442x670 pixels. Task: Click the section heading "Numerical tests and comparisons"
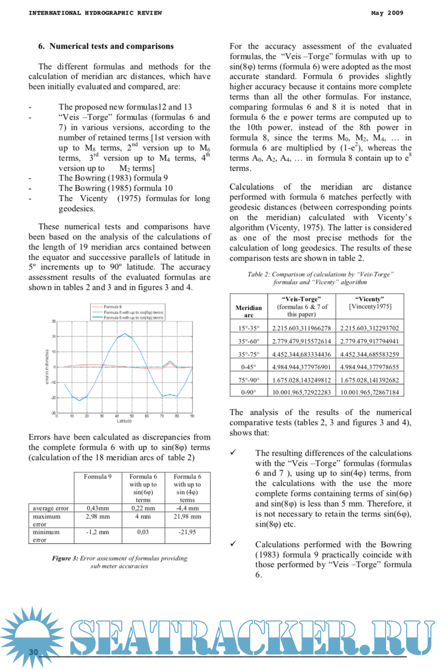(111, 46)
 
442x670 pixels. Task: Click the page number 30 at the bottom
(33, 652)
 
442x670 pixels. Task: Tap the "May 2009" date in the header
(387, 13)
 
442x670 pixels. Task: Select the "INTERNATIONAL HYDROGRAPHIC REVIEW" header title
(95, 13)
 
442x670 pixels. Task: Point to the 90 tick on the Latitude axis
(192, 416)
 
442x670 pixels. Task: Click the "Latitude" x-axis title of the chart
(124, 421)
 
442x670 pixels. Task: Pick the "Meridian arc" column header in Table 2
(248, 311)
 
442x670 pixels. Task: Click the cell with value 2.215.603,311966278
(301, 328)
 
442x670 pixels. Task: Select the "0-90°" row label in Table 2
(248, 392)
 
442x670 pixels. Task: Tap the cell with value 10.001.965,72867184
(369, 392)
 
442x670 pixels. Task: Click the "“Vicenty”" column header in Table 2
(370, 299)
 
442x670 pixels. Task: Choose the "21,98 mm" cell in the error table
(187, 516)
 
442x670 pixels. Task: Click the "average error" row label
(51, 508)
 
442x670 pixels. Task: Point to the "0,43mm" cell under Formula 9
(98, 508)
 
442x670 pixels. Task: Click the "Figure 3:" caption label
(65, 558)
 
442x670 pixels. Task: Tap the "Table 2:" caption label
(258, 274)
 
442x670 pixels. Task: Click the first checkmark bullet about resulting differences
(234, 452)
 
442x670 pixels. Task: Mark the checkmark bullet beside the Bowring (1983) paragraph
(234, 544)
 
